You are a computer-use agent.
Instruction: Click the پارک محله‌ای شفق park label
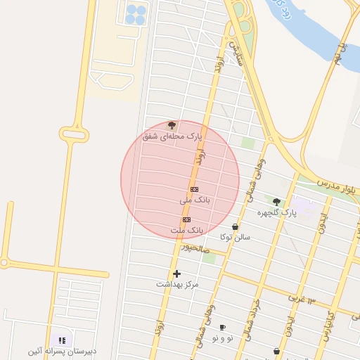click(172, 136)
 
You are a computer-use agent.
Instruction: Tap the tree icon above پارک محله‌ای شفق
click(172, 125)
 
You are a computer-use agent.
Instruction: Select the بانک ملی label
click(195, 200)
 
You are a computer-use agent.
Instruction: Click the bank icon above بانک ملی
click(195, 190)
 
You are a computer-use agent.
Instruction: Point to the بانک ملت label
click(186, 230)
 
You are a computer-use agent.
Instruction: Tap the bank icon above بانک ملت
click(186, 220)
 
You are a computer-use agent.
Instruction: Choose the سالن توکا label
click(235, 237)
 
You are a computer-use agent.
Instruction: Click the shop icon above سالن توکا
click(235, 227)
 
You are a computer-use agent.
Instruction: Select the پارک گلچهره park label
click(276, 212)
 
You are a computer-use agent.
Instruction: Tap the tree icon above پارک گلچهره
click(276, 202)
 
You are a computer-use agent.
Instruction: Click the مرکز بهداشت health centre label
click(177, 284)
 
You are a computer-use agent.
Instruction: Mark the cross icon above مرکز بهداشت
click(176, 274)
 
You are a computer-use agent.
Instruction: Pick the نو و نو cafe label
click(222, 338)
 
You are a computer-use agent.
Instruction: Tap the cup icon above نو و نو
click(222, 328)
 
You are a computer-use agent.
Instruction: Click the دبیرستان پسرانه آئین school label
click(62, 351)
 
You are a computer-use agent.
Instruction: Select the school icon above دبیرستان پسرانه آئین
click(62, 340)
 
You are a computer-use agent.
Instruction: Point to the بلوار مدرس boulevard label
click(337, 186)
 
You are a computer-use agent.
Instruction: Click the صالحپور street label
click(194, 247)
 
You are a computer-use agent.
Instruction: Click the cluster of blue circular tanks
click(136, 14)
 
